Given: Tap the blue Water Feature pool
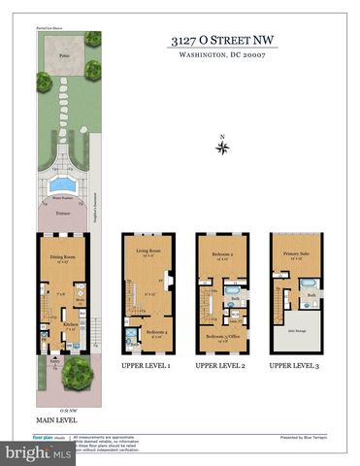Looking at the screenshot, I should (63, 183).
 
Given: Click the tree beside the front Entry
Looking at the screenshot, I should (77, 372).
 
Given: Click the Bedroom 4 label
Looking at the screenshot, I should (155, 332).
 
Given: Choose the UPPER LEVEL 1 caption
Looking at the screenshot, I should (147, 366).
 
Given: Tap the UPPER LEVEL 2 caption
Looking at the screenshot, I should (221, 366).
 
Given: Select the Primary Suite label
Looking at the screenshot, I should (296, 256).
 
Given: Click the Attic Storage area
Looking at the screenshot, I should (296, 333).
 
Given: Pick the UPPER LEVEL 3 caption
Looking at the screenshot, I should (296, 366).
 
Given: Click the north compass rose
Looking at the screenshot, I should (223, 148).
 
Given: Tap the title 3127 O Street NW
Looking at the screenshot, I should (222, 42).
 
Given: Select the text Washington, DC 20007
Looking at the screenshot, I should (222, 56).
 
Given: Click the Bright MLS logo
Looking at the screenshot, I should (27, 451).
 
